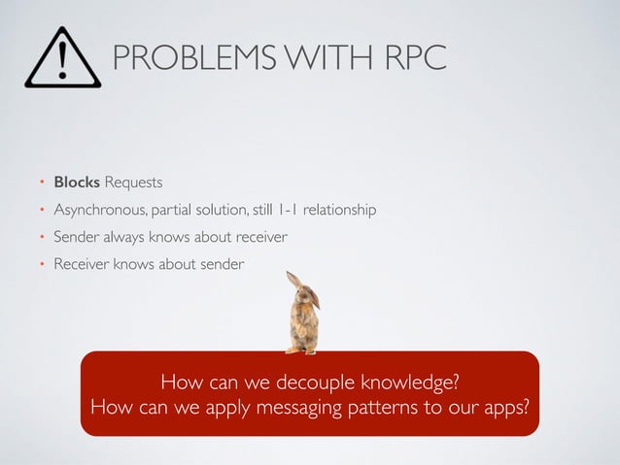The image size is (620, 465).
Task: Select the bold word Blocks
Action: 77,182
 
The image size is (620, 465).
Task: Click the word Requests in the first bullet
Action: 133,182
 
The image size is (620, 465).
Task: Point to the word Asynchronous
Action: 100,210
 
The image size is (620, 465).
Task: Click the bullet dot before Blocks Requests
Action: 42,183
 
